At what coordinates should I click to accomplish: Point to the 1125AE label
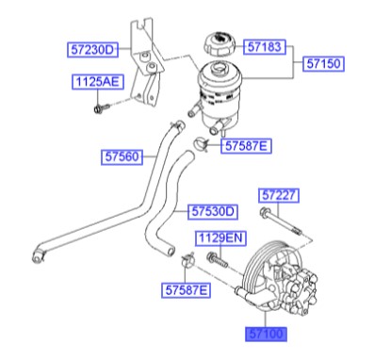97,83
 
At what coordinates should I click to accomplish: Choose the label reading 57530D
212,210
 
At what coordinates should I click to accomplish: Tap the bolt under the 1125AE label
100,108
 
